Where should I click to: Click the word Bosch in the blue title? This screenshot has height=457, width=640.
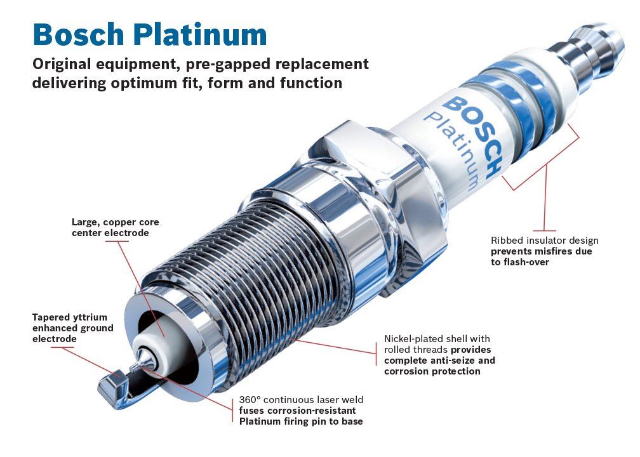78,34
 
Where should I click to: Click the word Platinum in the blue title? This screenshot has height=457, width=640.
201,34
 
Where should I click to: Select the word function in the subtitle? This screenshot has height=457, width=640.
311,83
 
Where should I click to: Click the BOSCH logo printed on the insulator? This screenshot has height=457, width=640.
472,136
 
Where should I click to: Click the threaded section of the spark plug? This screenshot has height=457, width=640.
253,269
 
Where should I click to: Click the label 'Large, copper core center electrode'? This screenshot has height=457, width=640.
116,228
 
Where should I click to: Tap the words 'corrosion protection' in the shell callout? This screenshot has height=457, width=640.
432,371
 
